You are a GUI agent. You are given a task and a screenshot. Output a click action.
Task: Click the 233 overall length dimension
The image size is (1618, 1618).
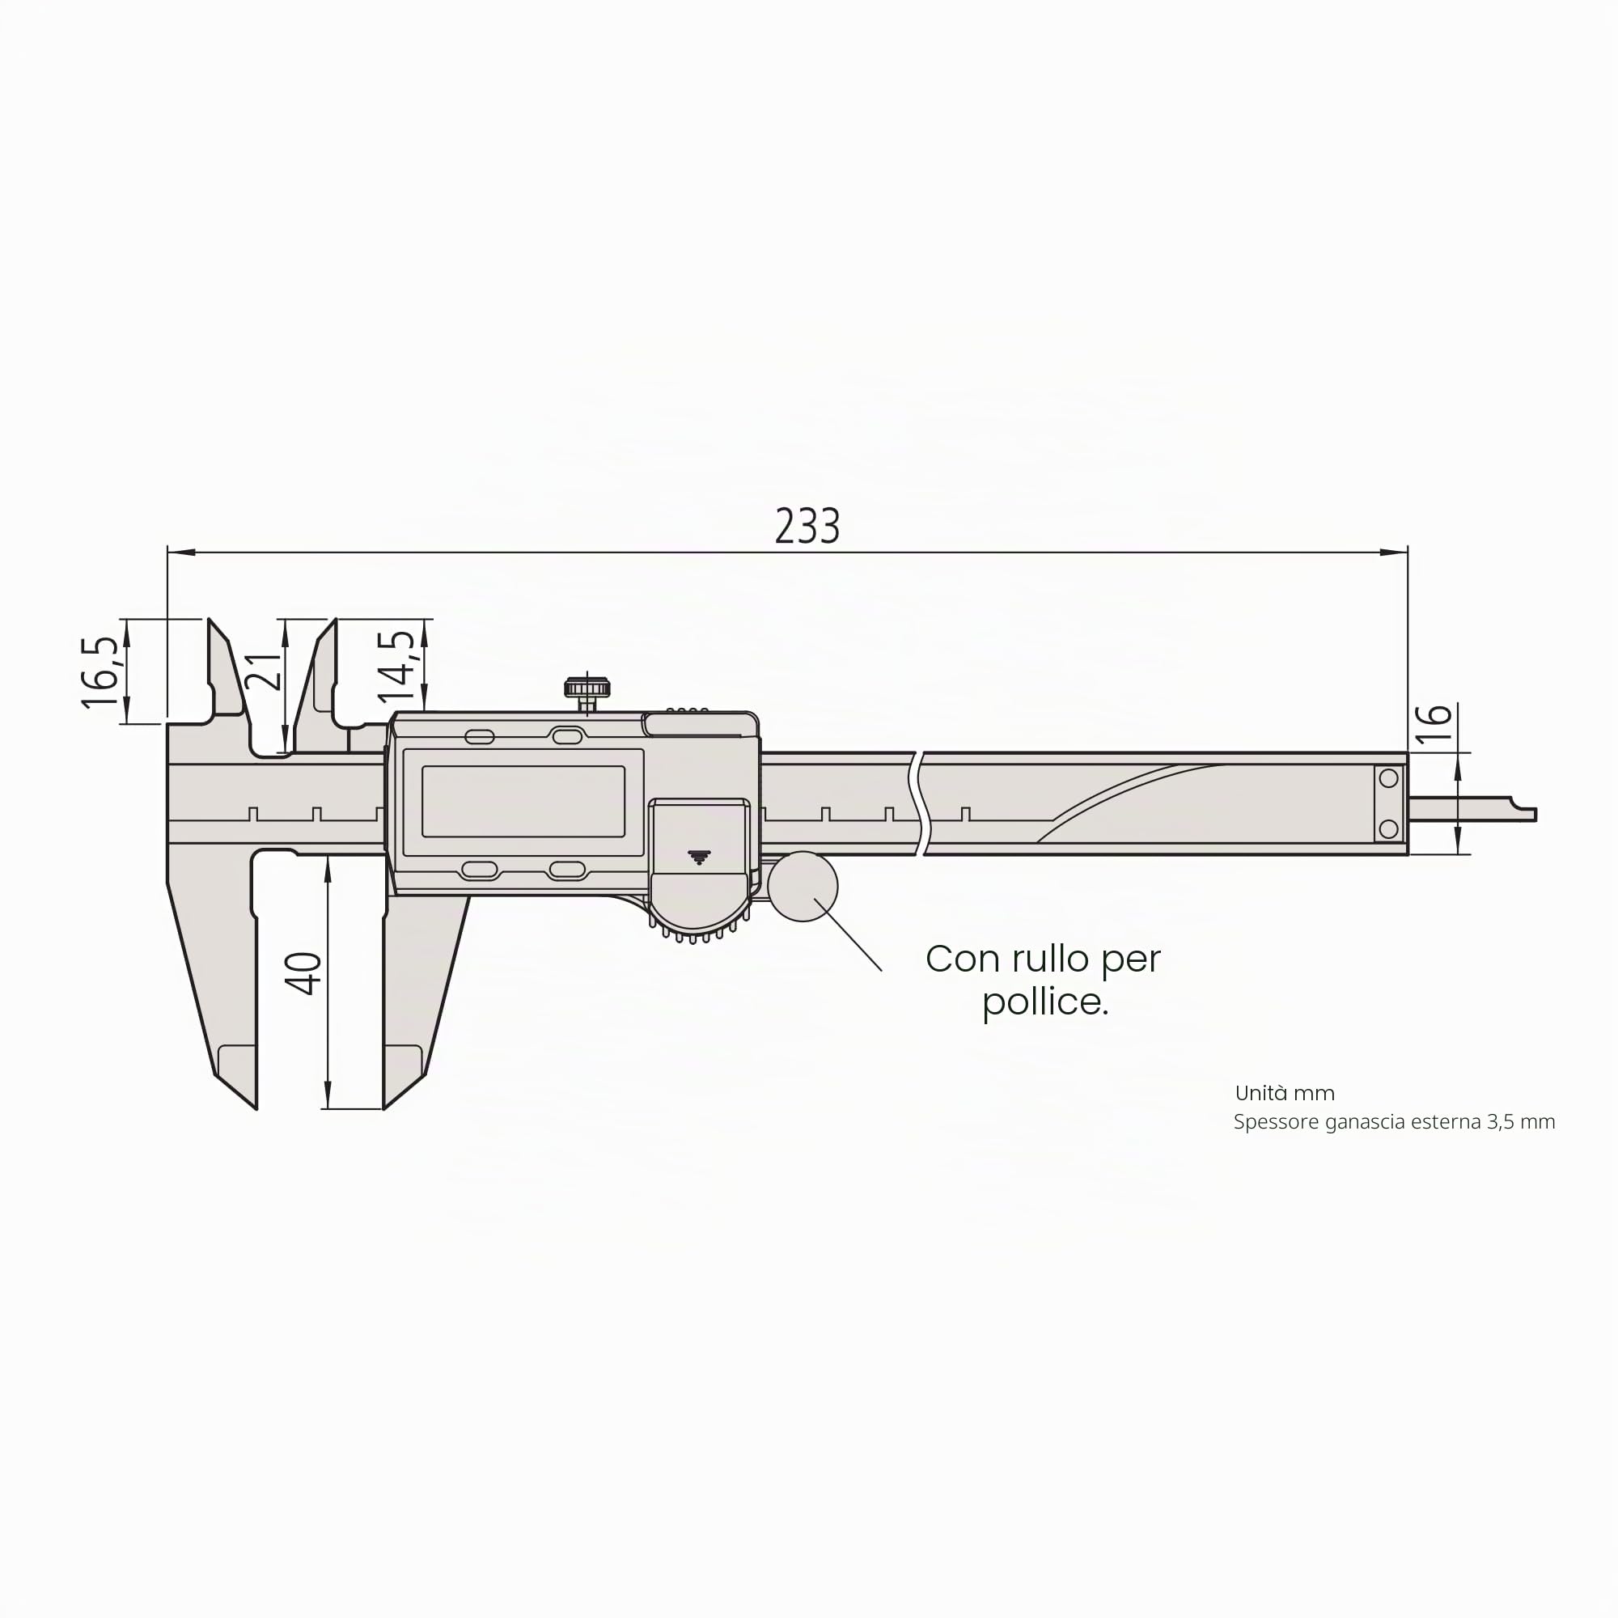click(x=807, y=526)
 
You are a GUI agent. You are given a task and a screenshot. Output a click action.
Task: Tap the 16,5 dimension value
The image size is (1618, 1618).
click(x=100, y=672)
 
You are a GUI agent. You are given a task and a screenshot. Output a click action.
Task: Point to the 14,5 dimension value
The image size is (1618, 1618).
click(x=396, y=666)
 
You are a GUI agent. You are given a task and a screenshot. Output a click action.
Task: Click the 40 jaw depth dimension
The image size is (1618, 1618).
click(x=303, y=973)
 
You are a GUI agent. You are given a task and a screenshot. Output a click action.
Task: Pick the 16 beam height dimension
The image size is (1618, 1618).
click(x=1434, y=724)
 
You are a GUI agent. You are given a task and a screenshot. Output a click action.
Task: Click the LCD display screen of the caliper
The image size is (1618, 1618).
click(x=523, y=802)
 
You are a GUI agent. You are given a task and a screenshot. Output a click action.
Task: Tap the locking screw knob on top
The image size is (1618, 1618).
click(x=587, y=689)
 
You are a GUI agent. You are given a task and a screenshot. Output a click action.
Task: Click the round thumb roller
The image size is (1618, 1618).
click(x=803, y=886)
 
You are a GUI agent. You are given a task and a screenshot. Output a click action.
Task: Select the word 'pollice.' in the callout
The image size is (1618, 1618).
click(x=1045, y=1002)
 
